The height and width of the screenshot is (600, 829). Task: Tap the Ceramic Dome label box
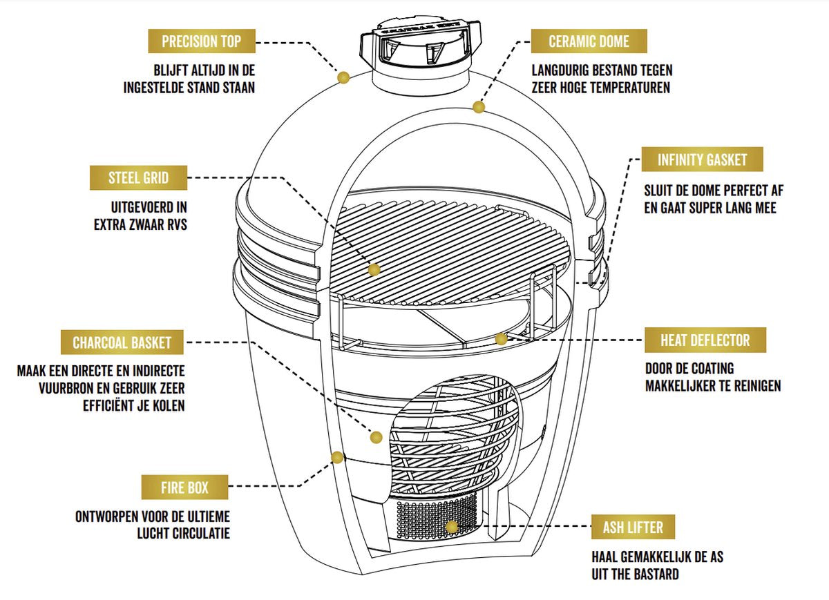[589, 41]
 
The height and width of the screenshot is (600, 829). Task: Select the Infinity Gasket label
[703, 160]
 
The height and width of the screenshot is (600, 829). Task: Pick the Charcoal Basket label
[122, 342]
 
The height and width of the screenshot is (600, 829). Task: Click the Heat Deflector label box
[705, 340]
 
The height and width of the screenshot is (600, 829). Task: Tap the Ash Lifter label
[633, 528]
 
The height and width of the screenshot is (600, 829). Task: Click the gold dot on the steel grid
[374, 270]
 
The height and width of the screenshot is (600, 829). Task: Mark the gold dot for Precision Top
[343, 77]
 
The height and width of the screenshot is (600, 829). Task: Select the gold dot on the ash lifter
[452, 528]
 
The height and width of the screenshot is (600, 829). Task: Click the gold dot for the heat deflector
[502, 339]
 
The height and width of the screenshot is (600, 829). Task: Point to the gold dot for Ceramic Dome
[478, 107]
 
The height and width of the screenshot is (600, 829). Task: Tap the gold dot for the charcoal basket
[377, 437]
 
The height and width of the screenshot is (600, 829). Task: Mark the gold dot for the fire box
[337, 457]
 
